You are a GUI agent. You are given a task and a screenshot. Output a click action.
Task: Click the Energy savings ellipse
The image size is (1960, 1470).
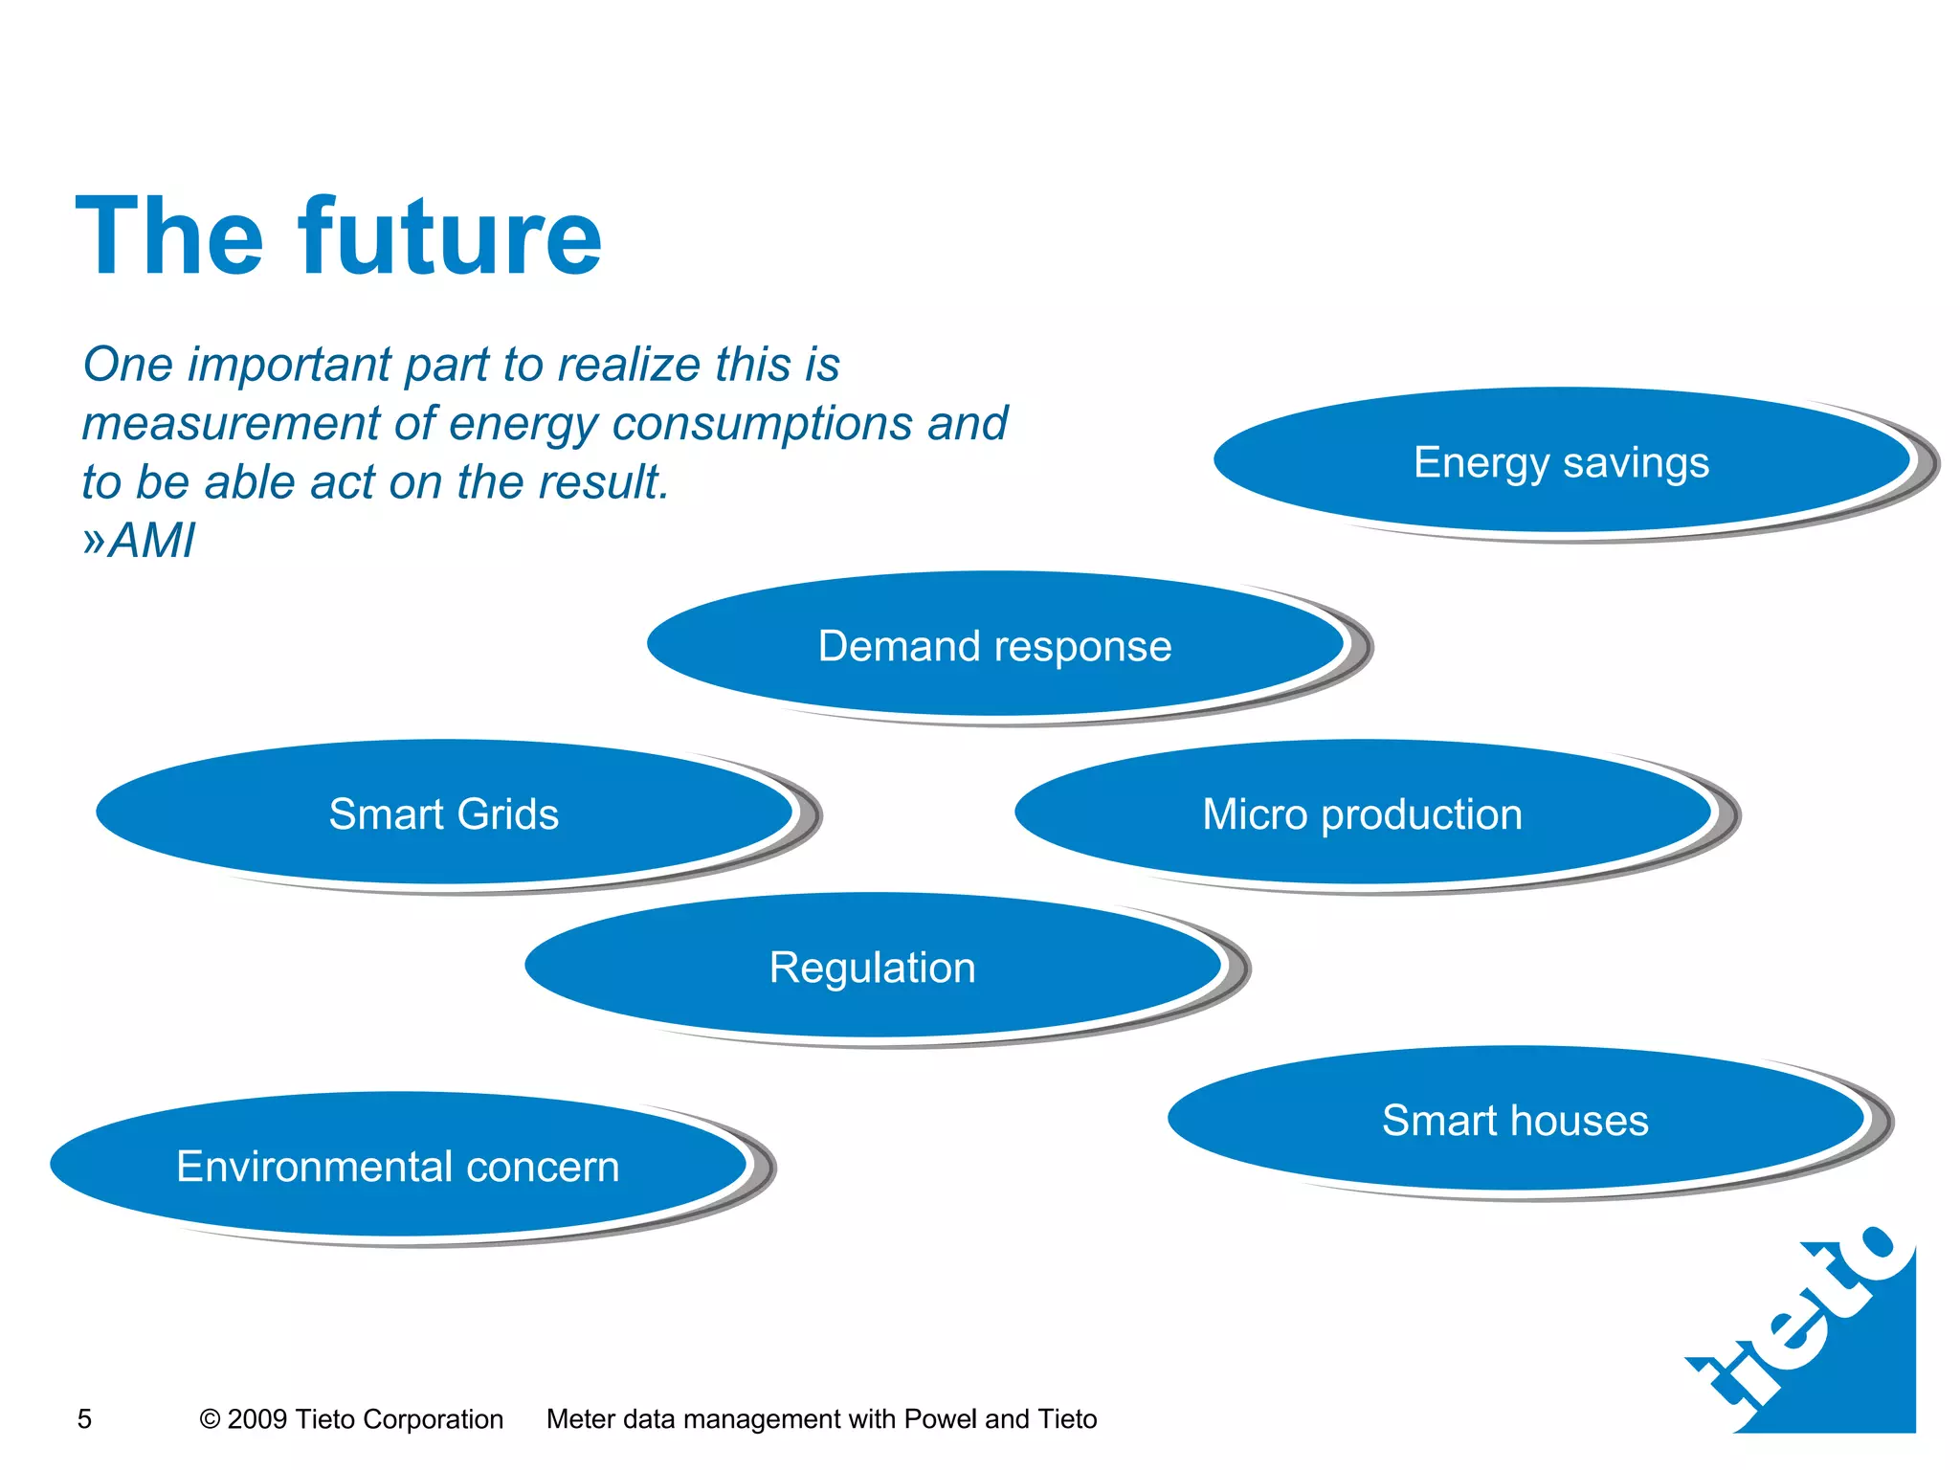[x=1562, y=462]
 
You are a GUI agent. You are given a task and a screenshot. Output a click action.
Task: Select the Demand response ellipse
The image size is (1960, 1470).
[x=995, y=645]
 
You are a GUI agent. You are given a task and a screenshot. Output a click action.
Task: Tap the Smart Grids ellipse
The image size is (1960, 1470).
[x=444, y=813]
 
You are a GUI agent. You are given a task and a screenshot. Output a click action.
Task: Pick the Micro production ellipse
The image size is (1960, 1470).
[x=1363, y=813]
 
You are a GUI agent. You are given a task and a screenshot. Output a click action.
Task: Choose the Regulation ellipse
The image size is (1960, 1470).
[x=873, y=967]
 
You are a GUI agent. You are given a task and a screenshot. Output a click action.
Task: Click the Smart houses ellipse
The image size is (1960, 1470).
[x=1516, y=1120]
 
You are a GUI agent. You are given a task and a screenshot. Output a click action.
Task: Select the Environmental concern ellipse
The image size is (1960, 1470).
[x=398, y=1166]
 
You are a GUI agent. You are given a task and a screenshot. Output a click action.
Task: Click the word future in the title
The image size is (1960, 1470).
[x=450, y=236]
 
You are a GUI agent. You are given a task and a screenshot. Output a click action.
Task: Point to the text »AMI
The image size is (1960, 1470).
[x=140, y=541]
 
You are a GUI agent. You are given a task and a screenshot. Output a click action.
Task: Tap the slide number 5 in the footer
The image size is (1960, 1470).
[x=84, y=1418]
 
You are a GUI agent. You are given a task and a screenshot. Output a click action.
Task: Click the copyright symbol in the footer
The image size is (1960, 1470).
[x=210, y=1419]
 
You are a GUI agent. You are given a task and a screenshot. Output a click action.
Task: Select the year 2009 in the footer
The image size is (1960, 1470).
[x=257, y=1418]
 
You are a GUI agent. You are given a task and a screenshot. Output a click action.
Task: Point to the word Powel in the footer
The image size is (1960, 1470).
[x=940, y=1418]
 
